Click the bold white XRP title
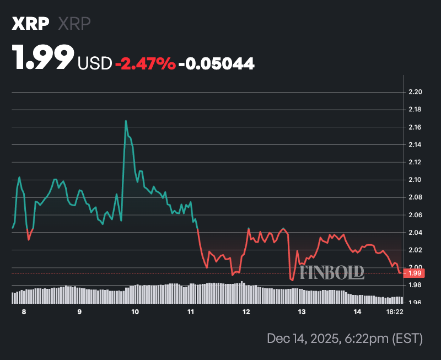[x=30, y=24]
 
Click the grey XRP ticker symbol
[x=74, y=24]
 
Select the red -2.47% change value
[x=145, y=64]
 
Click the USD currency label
[x=95, y=64]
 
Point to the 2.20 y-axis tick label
[x=416, y=92]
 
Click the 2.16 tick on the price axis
[x=416, y=127]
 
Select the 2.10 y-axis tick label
[x=416, y=180]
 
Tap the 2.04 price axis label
[x=416, y=233]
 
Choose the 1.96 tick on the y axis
[x=416, y=302]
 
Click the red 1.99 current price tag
[x=414, y=273]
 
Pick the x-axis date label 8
[x=24, y=312]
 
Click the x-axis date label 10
[x=135, y=312]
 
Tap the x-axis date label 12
[x=246, y=312]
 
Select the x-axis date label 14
[x=357, y=312]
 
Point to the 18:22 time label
[x=395, y=312]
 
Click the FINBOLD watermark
[x=332, y=271]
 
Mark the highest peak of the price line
[x=126, y=121]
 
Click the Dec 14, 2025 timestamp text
[x=344, y=338]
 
